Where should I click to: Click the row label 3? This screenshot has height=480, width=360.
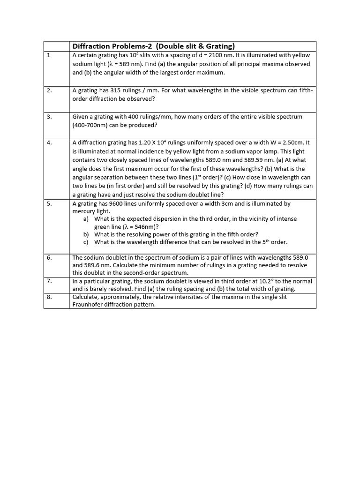(49, 117)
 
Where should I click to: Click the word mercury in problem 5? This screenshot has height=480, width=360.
(83, 211)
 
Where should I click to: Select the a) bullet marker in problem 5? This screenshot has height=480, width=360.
(86, 219)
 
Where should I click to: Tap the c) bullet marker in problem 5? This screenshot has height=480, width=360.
(86, 242)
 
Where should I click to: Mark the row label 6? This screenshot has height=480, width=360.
(49, 257)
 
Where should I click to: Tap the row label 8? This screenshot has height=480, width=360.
(49, 297)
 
